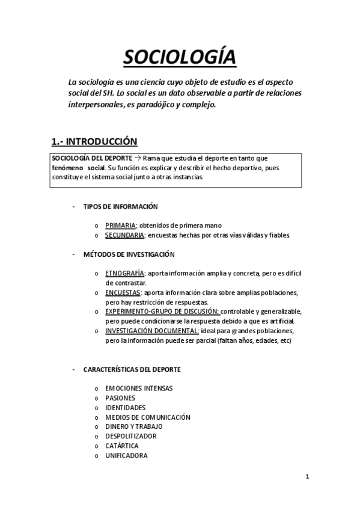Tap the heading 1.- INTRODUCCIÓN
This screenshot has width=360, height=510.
(94, 142)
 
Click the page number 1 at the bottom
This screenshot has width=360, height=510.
(307, 478)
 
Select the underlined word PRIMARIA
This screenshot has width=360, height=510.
(121, 226)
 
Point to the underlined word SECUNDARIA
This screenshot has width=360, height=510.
(124, 235)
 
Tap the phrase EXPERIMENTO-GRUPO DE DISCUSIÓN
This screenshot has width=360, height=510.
(162, 312)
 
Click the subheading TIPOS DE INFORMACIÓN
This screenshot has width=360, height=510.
(120, 206)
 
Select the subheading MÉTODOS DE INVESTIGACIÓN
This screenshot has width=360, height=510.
(129, 254)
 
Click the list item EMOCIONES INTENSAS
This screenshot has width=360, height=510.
(139, 388)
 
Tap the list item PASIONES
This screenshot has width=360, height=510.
(120, 398)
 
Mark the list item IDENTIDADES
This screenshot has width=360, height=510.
(125, 407)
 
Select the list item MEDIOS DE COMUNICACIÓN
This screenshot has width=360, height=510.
(147, 417)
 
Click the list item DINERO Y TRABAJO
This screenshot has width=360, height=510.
(133, 426)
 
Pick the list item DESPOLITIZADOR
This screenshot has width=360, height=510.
(130, 436)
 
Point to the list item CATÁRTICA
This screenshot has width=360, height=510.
(122, 446)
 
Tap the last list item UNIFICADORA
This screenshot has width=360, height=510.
(126, 455)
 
